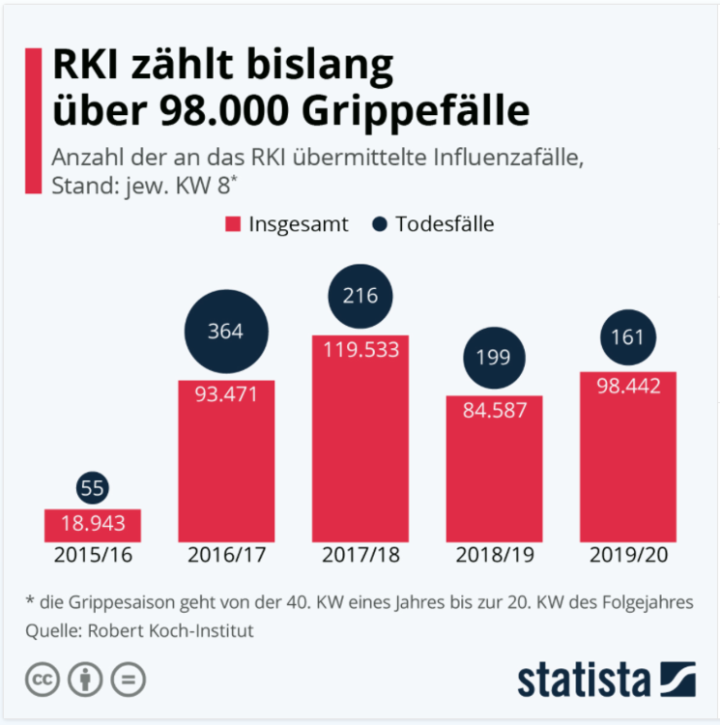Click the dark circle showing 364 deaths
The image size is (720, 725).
pyautogui.click(x=225, y=332)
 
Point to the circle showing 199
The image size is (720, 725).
pyautogui.click(x=493, y=359)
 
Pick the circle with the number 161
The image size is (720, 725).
pyautogui.click(x=627, y=338)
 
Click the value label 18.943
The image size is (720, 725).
pyautogui.click(x=93, y=525)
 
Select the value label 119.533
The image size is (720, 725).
pyautogui.click(x=360, y=350)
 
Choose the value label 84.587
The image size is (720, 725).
pyautogui.click(x=493, y=410)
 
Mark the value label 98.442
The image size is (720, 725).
pyautogui.click(x=627, y=387)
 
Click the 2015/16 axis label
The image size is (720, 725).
pyautogui.click(x=93, y=557)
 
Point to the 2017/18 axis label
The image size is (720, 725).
pyautogui.click(x=360, y=557)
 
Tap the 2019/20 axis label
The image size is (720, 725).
pyautogui.click(x=627, y=557)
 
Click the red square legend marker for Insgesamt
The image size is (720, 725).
pyautogui.click(x=232, y=224)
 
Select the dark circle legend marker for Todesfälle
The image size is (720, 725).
pyautogui.click(x=379, y=224)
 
